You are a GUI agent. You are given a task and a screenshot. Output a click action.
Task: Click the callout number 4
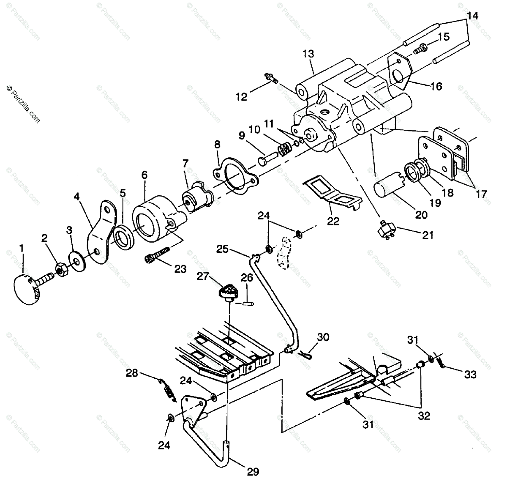(x=77, y=197)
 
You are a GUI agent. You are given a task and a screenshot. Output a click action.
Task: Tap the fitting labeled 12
(x=271, y=79)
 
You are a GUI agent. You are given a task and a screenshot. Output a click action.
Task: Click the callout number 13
(x=308, y=54)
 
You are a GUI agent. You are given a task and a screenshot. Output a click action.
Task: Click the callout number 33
(x=470, y=375)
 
